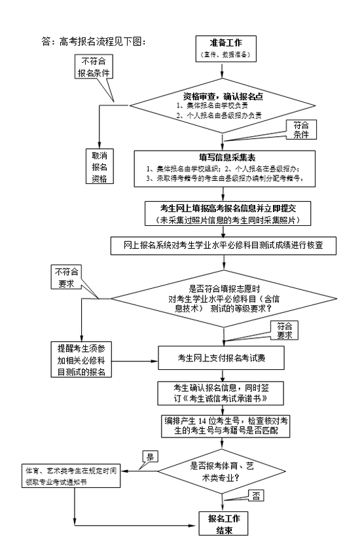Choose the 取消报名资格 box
[99, 166]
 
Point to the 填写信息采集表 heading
[219, 157]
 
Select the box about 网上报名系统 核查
[224, 246]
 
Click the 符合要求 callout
[283, 329]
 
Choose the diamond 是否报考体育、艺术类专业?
[222, 471]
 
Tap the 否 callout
[257, 496]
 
